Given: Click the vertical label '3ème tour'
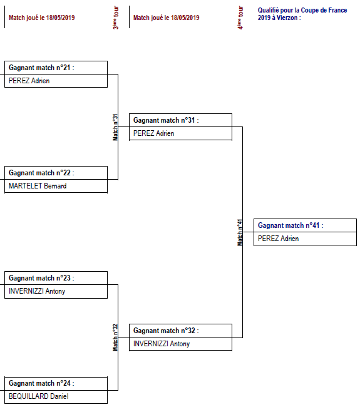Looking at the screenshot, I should [x=116, y=18].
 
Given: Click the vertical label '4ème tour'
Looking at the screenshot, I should [x=240, y=18].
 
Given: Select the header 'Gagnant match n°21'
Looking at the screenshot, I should [x=42, y=68].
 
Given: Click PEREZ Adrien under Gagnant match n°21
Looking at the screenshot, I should [x=29, y=81].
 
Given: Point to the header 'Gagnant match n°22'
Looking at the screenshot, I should [x=42, y=173].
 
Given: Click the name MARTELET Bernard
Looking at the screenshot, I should [x=38, y=186].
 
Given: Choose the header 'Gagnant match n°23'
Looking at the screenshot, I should [x=42, y=278].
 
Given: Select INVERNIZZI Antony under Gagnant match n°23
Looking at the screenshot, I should [x=37, y=291].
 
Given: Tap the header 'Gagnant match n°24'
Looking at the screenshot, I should [x=42, y=383].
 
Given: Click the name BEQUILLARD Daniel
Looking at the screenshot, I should [x=39, y=396].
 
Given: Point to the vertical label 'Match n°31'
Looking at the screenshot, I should [x=115, y=126].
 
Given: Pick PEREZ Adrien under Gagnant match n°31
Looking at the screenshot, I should [x=153, y=133].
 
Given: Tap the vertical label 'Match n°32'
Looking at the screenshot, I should [x=115, y=337].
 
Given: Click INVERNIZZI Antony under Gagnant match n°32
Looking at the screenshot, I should [x=162, y=344].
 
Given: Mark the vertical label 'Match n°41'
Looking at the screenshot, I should [x=240, y=232].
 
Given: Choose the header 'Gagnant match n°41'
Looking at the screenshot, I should [x=291, y=225].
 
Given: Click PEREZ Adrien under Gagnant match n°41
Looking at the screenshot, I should [x=278, y=239].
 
